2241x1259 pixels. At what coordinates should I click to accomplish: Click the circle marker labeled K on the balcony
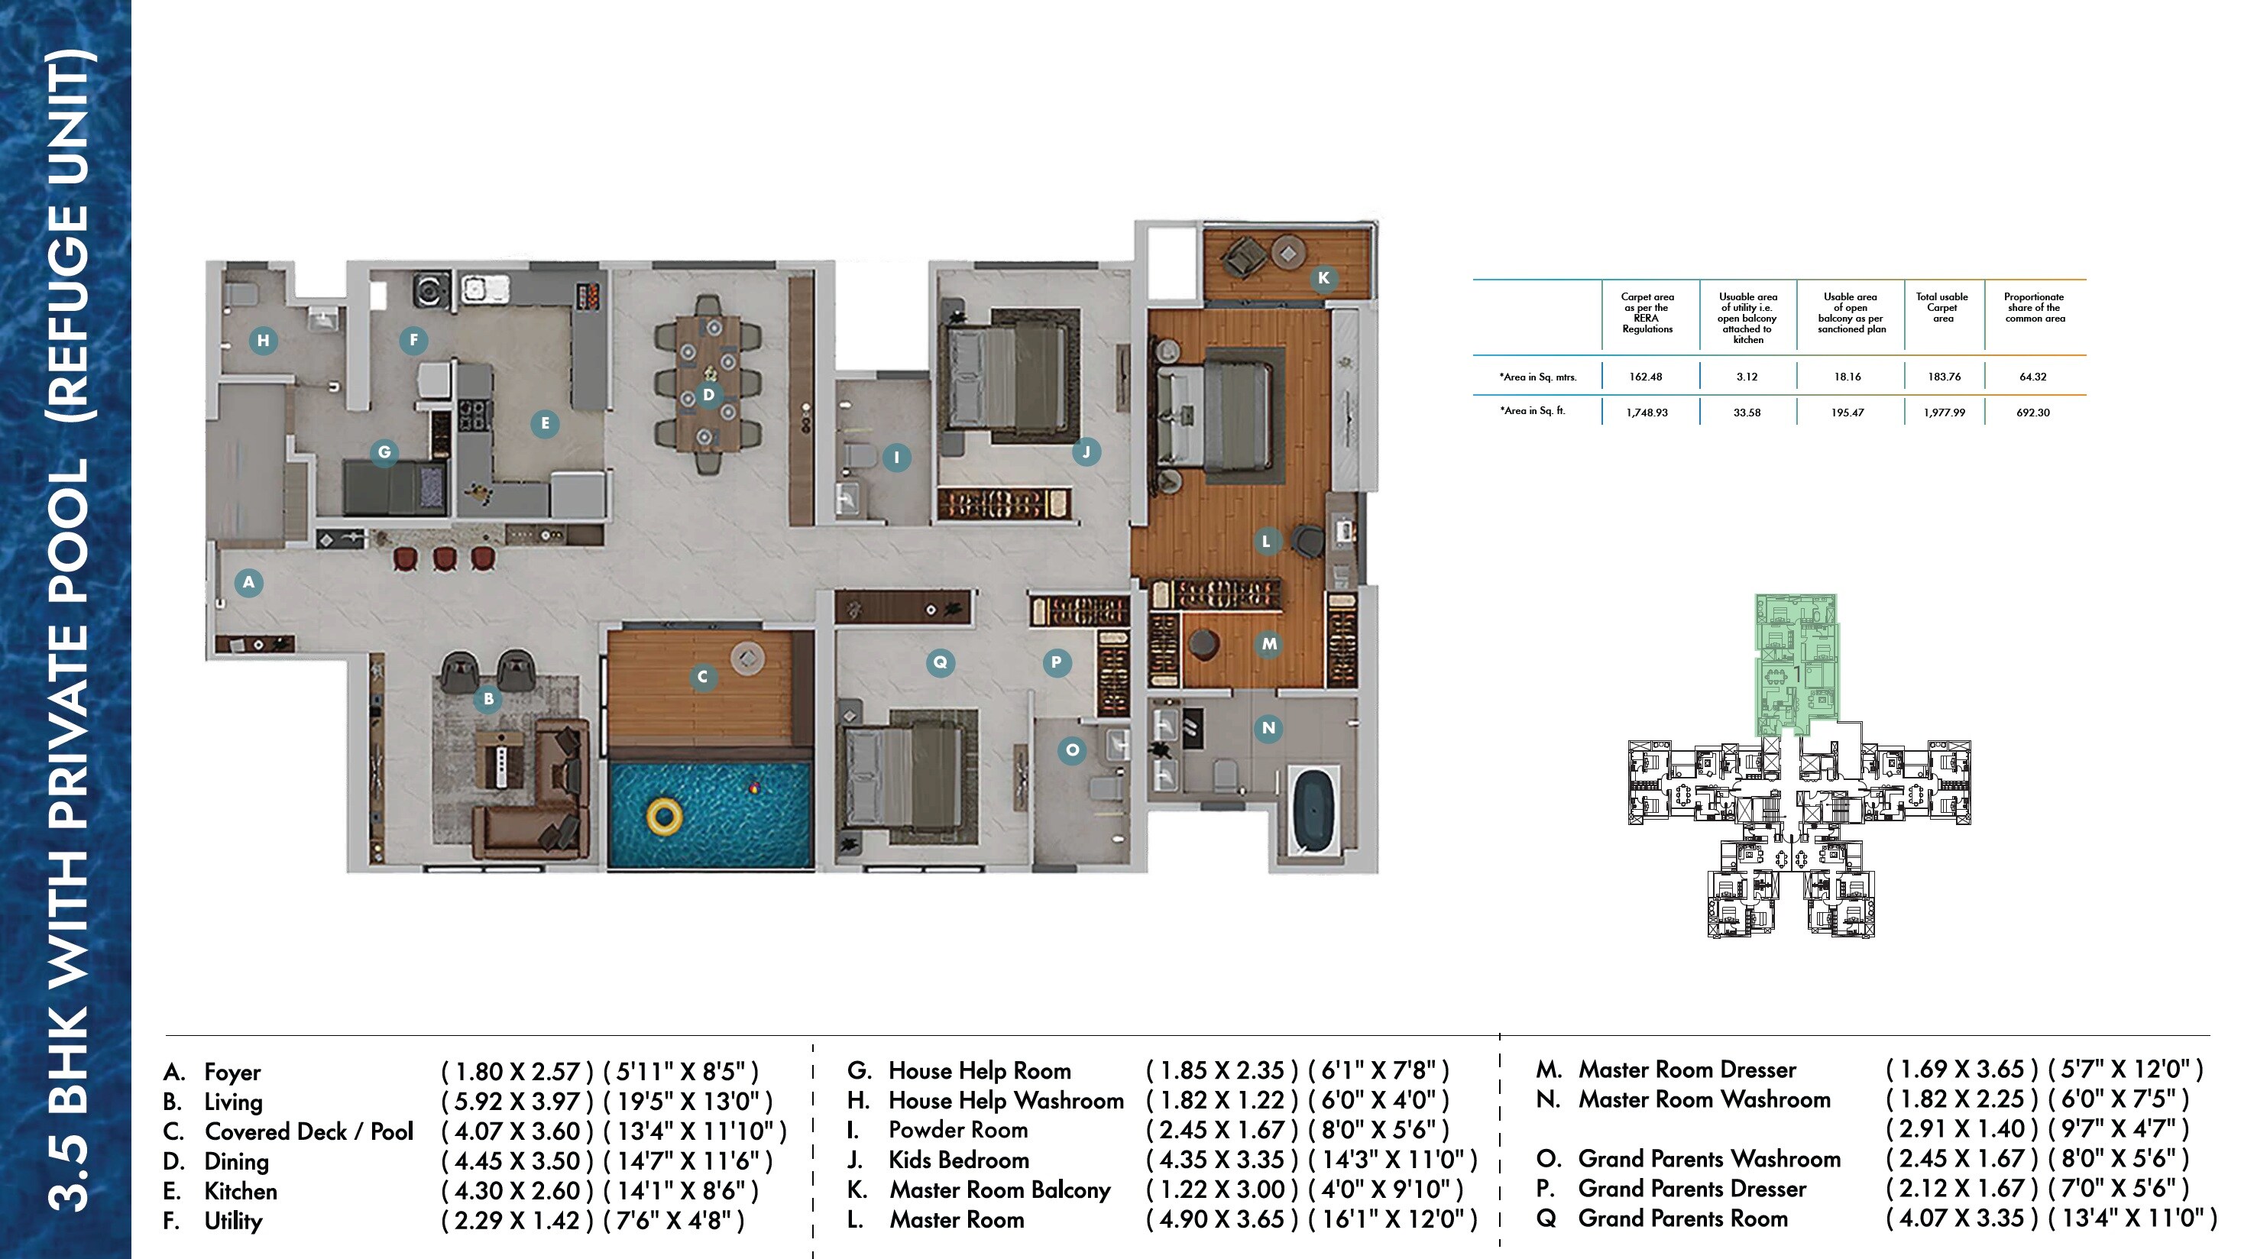[x=1323, y=278]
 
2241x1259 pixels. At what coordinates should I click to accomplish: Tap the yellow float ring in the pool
[x=664, y=816]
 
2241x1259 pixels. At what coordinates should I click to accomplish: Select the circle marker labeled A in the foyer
[x=249, y=582]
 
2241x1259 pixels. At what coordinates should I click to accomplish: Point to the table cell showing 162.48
[x=1645, y=377]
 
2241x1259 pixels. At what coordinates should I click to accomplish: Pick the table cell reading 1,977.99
[x=1945, y=413]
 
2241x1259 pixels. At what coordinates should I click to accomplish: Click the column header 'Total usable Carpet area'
[x=1941, y=308]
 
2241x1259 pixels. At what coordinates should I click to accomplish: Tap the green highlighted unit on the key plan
[x=1796, y=665]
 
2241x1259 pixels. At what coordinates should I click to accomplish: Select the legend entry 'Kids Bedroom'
[x=958, y=1160]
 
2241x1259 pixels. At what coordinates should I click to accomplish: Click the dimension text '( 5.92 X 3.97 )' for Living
[x=517, y=1102]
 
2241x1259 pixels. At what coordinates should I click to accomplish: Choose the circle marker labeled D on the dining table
[x=708, y=395]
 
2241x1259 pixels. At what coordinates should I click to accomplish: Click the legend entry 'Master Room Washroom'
[x=1704, y=1100]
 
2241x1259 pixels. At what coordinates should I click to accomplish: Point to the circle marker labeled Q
[x=940, y=662]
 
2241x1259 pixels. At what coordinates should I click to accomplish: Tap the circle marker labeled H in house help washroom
[x=263, y=340]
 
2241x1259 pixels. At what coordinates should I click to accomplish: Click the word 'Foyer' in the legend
[x=232, y=1072]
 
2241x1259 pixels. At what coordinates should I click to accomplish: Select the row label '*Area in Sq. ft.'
[x=1532, y=411]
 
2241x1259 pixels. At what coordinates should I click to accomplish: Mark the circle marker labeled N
[x=1268, y=728]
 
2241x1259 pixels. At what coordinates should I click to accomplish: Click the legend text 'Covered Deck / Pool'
[x=309, y=1131]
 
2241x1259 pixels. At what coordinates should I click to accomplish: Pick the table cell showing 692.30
[x=2033, y=413]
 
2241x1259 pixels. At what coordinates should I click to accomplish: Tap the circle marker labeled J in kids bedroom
[x=1086, y=451]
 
